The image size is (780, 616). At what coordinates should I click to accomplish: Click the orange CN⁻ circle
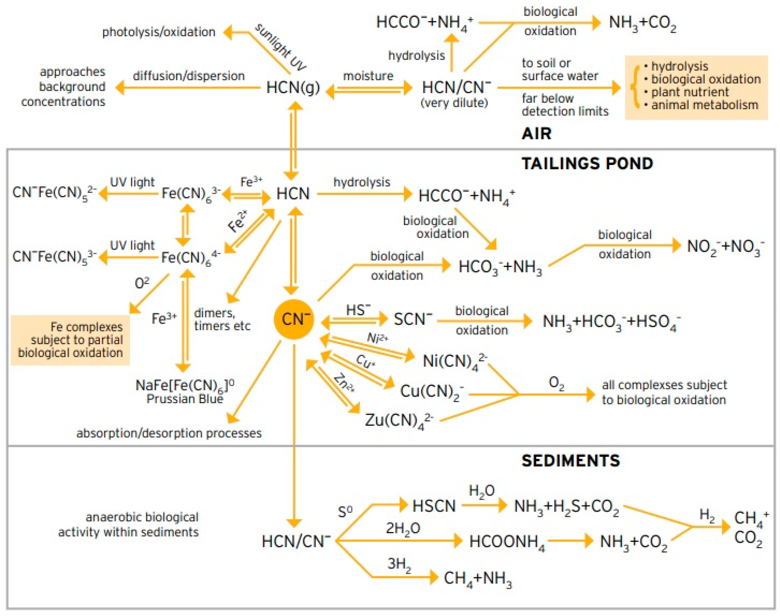[x=294, y=319]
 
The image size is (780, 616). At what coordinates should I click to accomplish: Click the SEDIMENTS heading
[x=571, y=461]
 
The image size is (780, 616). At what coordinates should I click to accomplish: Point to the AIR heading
[x=536, y=134]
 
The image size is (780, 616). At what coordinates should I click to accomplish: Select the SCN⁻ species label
[x=413, y=319]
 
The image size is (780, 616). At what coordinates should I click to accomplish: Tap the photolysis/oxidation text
[x=159, y=32]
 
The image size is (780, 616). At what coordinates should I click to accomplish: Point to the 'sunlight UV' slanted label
[x=281, y=47]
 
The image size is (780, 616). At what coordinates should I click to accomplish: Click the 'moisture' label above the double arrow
[x=368, y=76]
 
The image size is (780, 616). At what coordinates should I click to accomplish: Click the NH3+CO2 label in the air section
[x=642, y=23]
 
